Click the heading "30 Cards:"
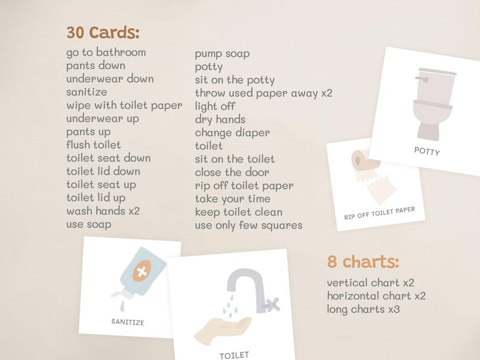(x=103, y=33)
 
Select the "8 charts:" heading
(x=363, y=262)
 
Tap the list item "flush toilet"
(x=93, y=145)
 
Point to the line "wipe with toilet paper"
(x=124, y=105)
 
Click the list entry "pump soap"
(x=222, y=54)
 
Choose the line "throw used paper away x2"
(x=264, y=93)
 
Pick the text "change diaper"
(x=232, y=132)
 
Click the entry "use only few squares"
(x=248, y=225)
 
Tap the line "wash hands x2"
(x=103, y=211)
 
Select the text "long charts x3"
(x=363, y=309)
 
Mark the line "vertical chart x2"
(x=371, y=283)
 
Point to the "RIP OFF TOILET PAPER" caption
(x=380, y=213)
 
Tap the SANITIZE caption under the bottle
(x=128, y=322)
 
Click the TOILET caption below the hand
(x=234, y=355)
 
